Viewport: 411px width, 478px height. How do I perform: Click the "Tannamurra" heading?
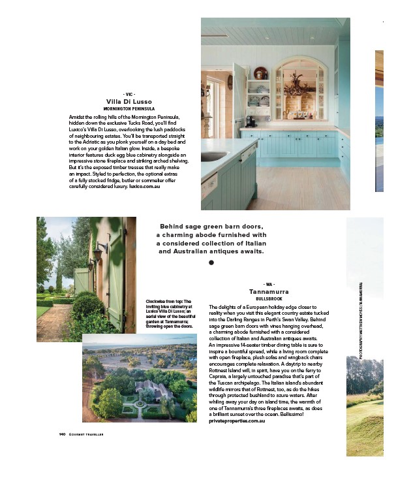coord(269,291)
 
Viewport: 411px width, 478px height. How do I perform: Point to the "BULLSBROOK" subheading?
coord(269,298)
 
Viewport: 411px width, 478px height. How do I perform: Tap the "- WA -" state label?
coord(269,285)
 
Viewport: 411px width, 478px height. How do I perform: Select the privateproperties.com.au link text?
coord(237,421)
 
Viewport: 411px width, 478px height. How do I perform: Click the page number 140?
coord(55,433)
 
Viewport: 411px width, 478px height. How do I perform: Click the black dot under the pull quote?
coord(211,263)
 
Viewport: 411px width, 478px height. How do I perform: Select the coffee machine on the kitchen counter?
coord(234,120)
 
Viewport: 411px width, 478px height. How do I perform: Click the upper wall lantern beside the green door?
coord(97,250)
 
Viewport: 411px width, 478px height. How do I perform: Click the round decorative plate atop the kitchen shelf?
coord(260,72)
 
